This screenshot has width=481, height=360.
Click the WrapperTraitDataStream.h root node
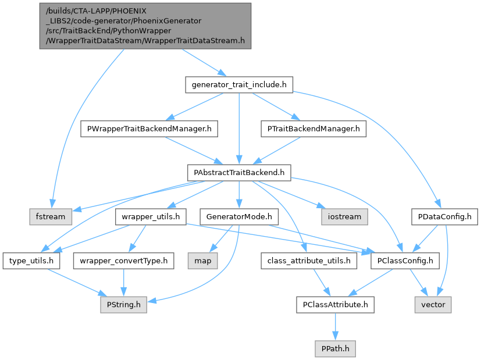click(x=145, y=26)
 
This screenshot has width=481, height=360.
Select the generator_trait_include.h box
click(x=238, y=85)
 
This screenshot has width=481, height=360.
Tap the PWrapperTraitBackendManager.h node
click(x=148, y=129)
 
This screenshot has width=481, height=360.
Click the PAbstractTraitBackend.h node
click(x=239, y=172)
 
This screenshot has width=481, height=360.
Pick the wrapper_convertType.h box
click(x=123, y=261)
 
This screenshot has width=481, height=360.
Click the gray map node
click(x=202, y=261)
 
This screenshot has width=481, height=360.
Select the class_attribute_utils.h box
click(x=309, y=261)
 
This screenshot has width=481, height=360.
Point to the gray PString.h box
click(x=123, y=304)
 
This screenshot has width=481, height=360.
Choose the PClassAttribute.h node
click(x=334, y=304)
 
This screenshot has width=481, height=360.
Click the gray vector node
click(x=433, y=304)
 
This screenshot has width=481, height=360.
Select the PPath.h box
click(x=334, y=348)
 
